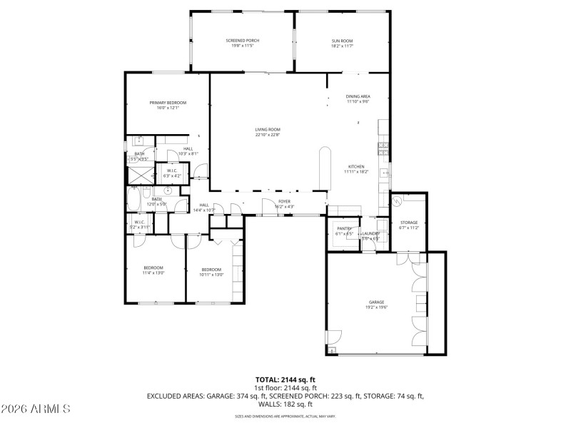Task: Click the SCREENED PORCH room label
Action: [243, 41]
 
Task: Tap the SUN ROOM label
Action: [342, 41]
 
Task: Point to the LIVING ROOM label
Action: [268, 130]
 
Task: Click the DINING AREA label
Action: [358, 96]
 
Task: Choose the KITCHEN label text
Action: [356, 167]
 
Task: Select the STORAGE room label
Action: [409, 223]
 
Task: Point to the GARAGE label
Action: [376, 302]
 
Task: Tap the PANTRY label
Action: [345, 229]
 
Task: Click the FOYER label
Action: [284, 202]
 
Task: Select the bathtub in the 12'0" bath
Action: [135, 198]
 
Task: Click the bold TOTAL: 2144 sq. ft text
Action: [285, 380]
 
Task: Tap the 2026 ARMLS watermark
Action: [36, 409]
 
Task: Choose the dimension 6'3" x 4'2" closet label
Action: [173, 175]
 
